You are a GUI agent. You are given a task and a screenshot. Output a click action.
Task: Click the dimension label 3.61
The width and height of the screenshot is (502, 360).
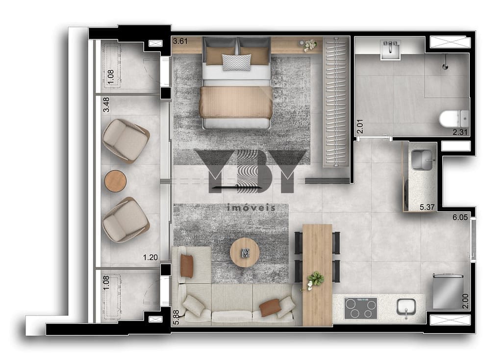[x=180, y=41]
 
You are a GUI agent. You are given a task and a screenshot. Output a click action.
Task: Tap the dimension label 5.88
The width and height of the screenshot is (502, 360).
[x=176, y=317]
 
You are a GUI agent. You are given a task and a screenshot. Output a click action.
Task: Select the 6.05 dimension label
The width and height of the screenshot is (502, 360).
[x=460, y=217]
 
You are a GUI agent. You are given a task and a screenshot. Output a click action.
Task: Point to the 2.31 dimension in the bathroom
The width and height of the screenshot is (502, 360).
[x=460, y=131]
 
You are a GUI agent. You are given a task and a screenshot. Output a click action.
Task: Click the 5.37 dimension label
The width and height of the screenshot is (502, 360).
[x=427, y=207]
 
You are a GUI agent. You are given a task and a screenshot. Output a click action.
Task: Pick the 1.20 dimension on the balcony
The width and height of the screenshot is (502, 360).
[x=150, y=257]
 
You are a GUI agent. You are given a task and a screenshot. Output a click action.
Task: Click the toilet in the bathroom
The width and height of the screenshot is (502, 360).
[x=454, y=119]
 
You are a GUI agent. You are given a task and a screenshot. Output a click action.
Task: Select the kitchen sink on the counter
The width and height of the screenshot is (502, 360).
[x=406, y=308]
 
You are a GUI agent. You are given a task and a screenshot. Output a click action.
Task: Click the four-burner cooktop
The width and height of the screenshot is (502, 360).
[x=361, y=308]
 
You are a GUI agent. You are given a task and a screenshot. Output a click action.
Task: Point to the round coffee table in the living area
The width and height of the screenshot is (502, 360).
[x=245, y=253]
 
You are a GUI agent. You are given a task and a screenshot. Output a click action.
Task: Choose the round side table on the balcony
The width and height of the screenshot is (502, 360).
[x=116, y=180]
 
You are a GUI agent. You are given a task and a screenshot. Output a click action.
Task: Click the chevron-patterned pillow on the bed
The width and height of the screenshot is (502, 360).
[x=237, y=62]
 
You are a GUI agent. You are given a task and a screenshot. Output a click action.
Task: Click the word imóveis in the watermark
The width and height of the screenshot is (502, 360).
[x=251, y=207]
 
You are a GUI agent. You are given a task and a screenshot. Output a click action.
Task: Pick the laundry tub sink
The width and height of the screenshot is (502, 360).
[x=422, y=159]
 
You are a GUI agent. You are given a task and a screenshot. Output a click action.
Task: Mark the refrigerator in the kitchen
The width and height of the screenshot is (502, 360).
[x=448, y=291]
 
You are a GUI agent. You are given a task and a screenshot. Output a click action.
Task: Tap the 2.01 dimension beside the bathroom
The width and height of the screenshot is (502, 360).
[x=360, y=126]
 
